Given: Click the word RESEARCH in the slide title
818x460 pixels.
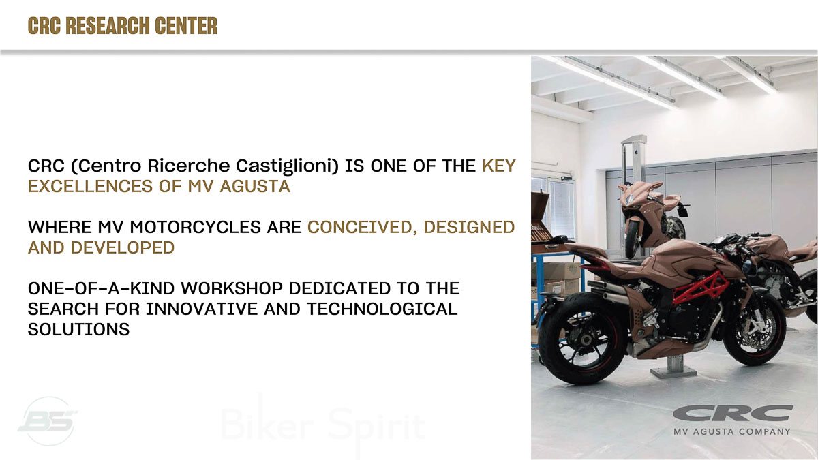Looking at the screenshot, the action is (x=108, y=26).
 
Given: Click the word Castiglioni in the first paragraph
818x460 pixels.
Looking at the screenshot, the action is (x=287, y=166).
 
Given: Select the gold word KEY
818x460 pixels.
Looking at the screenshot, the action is (x=498, y=166).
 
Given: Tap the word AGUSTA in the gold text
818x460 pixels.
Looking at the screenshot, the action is (x=255, y=186).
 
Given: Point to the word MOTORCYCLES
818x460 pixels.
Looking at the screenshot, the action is (x=196, y=227).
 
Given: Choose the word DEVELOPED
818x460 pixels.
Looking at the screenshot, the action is (x=122, y=247).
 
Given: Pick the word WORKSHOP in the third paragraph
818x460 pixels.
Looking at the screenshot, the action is (x=232, y=288).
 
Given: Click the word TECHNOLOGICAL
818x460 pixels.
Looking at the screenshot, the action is (x=382, y=309).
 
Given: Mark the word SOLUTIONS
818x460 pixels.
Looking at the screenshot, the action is (x=79, y=329).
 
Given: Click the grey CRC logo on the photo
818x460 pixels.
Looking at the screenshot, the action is (x=733, y=413).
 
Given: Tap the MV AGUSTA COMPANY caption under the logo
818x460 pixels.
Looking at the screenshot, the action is (x=732, y=431).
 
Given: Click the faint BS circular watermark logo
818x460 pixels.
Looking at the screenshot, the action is (x=48, y=421).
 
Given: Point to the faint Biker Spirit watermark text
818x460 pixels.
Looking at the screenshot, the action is (x=323, y=425).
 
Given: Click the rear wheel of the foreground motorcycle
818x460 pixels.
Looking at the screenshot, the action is (x=584, y=339).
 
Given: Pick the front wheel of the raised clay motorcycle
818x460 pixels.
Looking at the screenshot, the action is (x=632, y=239).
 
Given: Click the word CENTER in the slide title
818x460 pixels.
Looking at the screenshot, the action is (x=186, y=26).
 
